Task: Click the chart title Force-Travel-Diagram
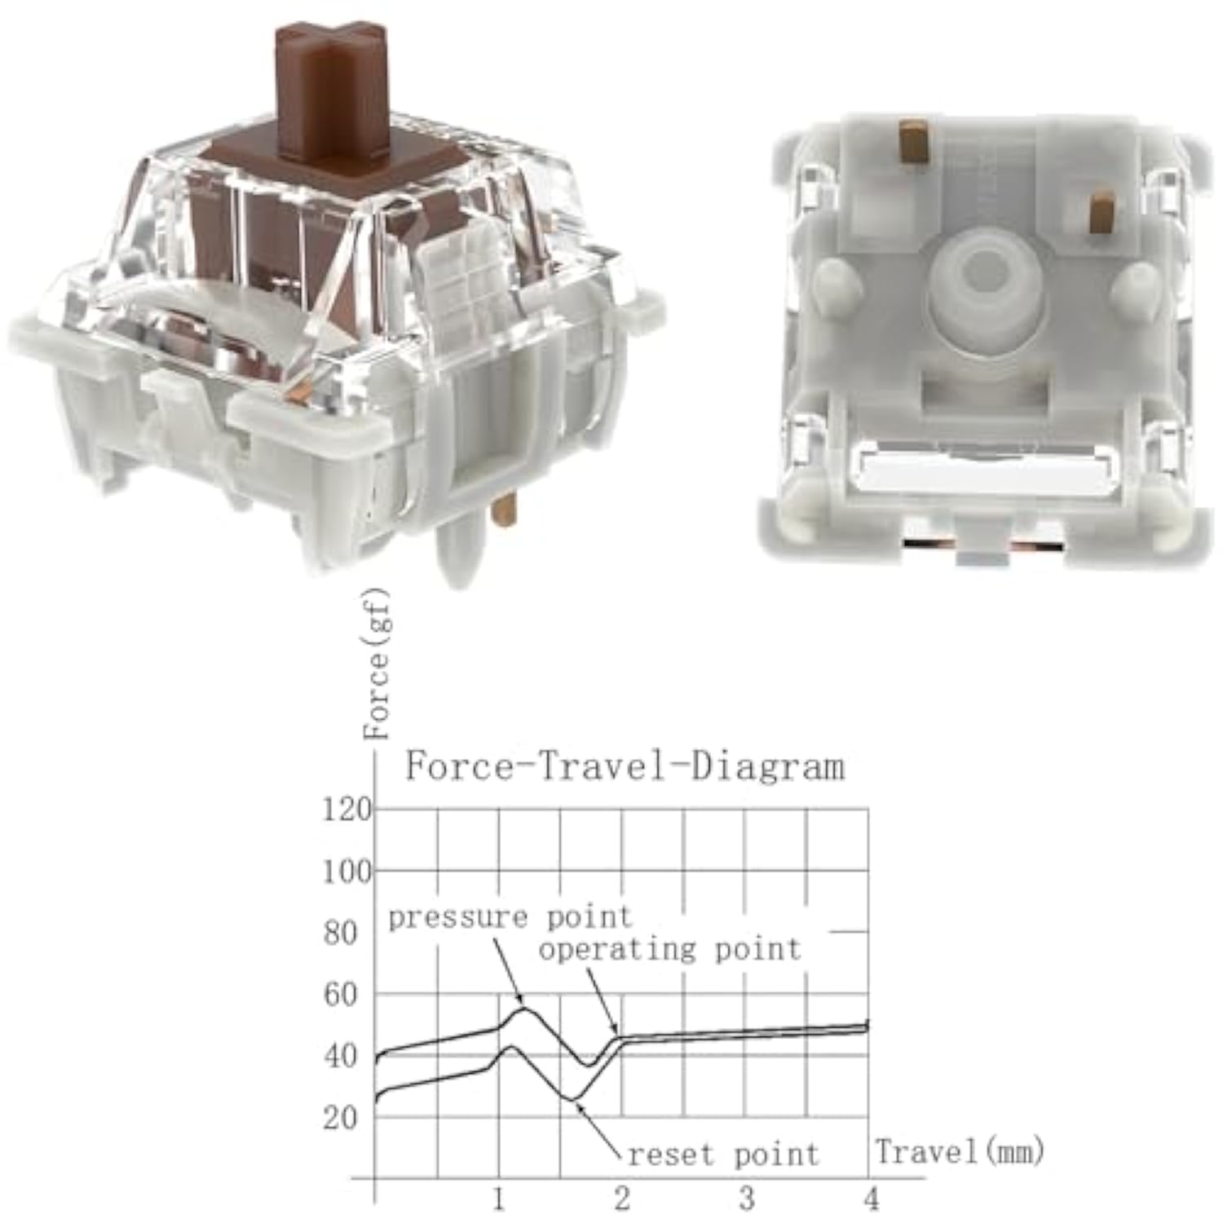click(625, 767)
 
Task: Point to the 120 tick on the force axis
click(347, 810)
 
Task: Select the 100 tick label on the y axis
click(347, 872)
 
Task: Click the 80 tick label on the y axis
click(340, 933)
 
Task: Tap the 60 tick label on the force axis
click(340, 995)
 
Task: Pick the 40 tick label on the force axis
click(340, 1057)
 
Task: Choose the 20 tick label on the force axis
click(340, 1118)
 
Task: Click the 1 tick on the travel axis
click(498, 1199)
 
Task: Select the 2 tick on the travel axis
click(622, 1199)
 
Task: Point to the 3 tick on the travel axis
click(746, 1199)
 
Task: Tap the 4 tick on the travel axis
click(871, 1199)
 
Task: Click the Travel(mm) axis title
click(960, 1151)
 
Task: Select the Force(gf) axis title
click(377, 664)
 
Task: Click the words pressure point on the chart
click(510, 918)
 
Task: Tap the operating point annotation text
click(669, 950)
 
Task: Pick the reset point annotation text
click(722, 1155)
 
